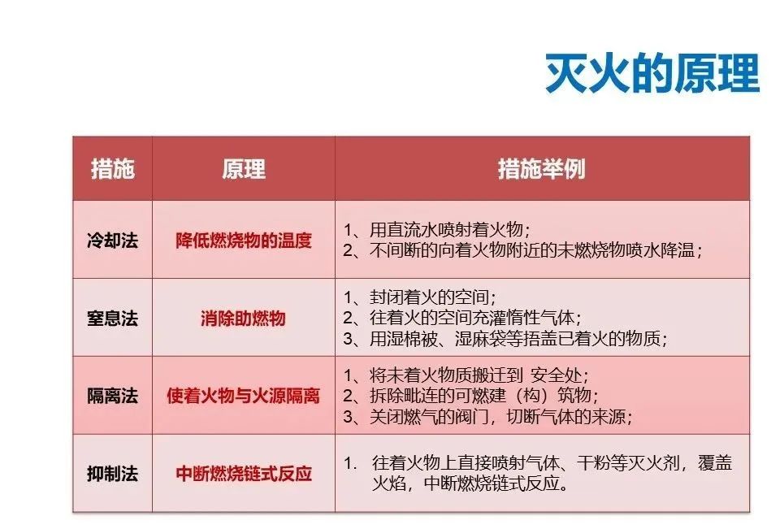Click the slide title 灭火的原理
coord(652,74)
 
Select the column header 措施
coord(112,169)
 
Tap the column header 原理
coord(243,169)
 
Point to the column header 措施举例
coord(542,169)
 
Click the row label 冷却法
coord(112,241)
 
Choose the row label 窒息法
coord(112,318)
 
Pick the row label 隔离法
coord(112,396)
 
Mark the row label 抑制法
coord(112,473)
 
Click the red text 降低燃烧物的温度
coord(243,241)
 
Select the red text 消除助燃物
coord(243,318)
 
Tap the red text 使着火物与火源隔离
coord(243,396)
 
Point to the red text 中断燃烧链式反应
coord(243,473)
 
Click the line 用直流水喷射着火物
coord(437,229)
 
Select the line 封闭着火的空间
coord(420,297)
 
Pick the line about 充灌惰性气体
coord(462,318)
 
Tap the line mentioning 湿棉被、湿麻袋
coord(505,338)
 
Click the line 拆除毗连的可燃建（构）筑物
coord(470,396)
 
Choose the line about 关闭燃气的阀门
coord(487,417)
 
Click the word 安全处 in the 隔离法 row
coord(556,375)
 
